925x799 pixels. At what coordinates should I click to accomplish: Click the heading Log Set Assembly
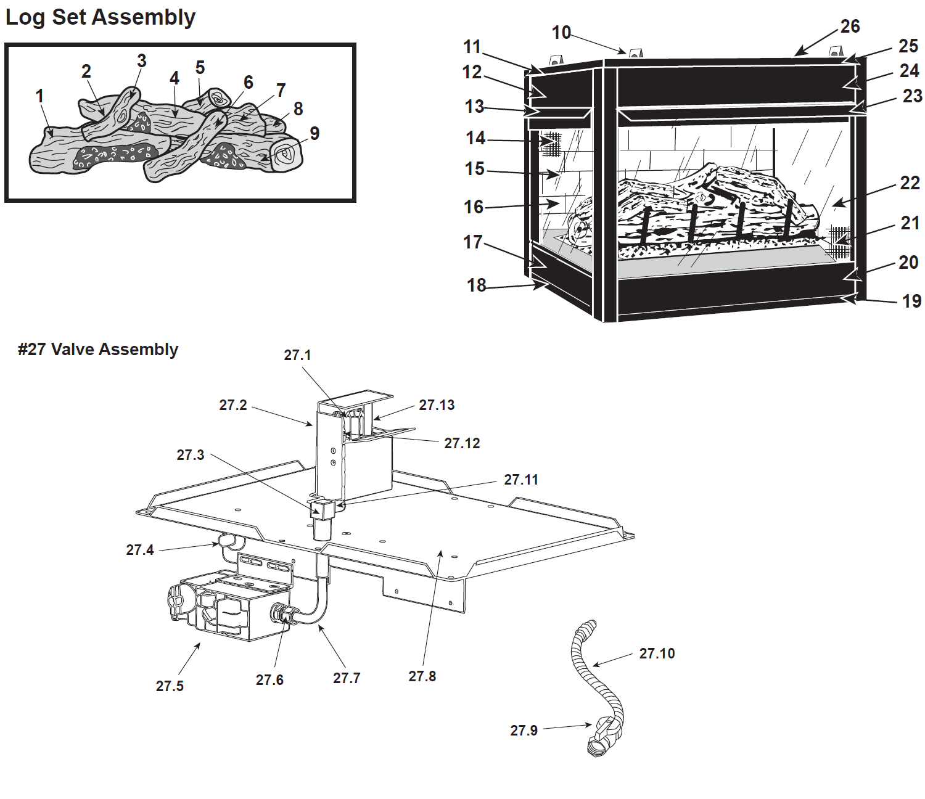(101, 18)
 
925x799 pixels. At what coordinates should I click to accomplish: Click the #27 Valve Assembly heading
(98, 350)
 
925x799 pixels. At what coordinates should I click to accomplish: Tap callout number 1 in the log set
(40, 96)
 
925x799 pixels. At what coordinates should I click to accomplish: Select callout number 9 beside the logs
(314, 133)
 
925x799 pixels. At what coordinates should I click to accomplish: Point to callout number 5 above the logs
(200, 68)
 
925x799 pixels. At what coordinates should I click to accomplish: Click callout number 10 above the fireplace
(561, 33)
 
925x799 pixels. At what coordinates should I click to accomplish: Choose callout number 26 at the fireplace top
(850, 27)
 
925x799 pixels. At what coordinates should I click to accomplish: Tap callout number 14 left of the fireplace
(475, 137)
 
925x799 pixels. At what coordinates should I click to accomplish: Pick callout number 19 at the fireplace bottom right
(911, 301)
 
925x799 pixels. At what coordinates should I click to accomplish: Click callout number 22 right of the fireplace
(910, 183)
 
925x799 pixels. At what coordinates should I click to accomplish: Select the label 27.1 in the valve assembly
(297, 355)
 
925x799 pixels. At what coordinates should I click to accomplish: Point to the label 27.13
(437, 405)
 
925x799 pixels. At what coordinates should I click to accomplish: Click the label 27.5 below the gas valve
(170, 686)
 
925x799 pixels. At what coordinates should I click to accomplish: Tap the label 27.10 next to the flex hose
(657, 653)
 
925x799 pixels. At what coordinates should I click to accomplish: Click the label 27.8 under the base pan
(422, 676)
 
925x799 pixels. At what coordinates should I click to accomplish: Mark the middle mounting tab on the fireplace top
(635, 53)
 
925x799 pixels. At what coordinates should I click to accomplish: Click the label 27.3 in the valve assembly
(190, 455)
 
